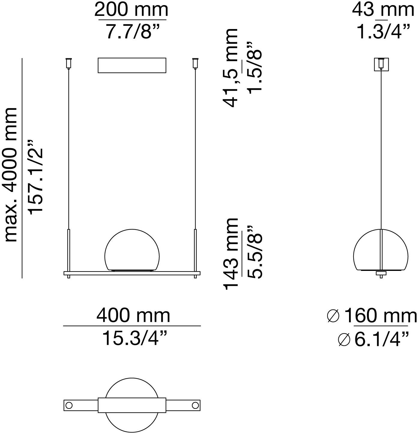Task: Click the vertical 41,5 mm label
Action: tap(231, 68)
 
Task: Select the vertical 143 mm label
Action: tap(231, 254)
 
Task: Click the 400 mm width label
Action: tap(133, 315)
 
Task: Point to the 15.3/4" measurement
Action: tap(135, 338)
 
